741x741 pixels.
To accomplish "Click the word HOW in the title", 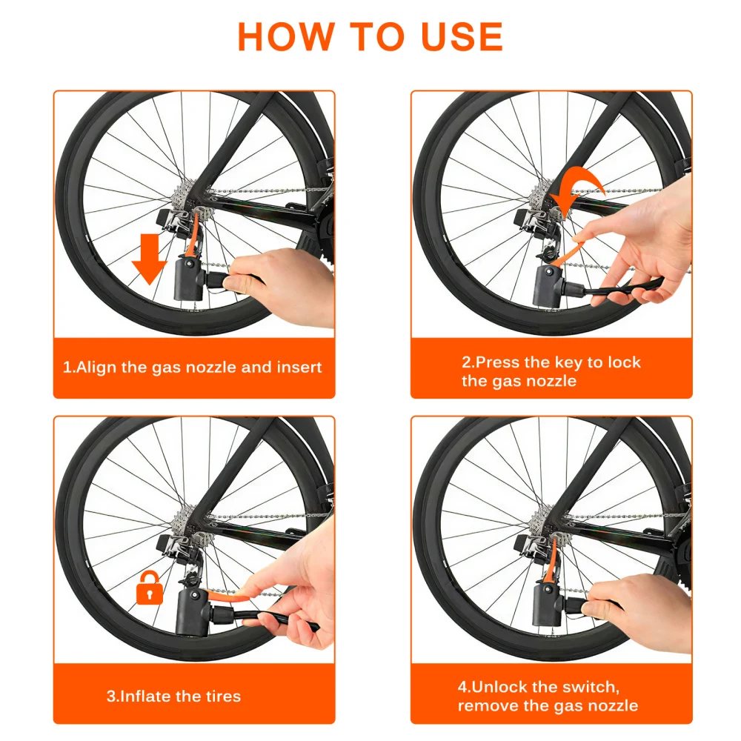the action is coord(286,36).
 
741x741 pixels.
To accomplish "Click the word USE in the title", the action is coord(462,36).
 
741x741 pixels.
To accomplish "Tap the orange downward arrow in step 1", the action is coord(150,259).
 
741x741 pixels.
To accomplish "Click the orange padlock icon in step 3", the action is coord(150,588).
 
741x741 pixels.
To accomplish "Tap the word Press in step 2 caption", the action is coord(496,362).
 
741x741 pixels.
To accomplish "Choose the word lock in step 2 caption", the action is coord(624,362).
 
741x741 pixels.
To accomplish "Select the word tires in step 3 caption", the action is coord(223,696).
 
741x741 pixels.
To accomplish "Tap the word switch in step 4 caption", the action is coord(591,687).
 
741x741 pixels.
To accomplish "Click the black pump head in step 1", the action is coord(190,279).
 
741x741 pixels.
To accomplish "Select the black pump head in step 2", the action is coord(548,285).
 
